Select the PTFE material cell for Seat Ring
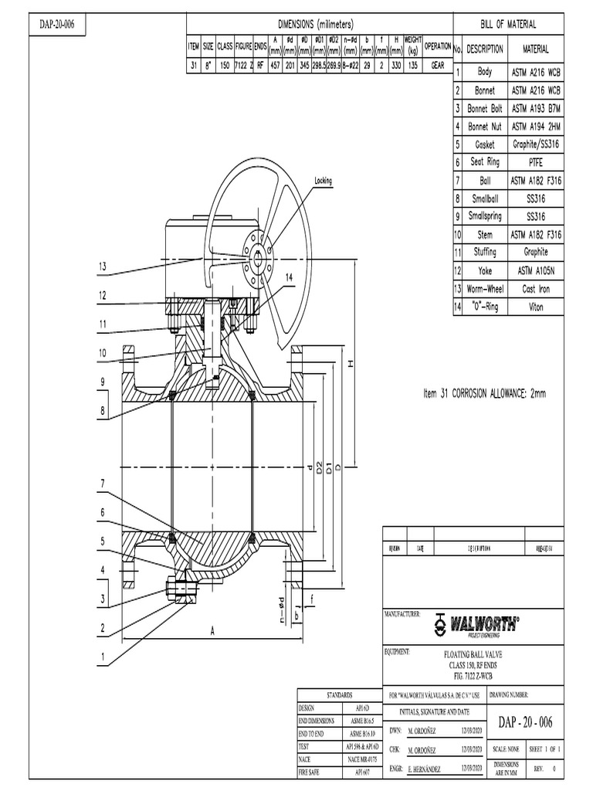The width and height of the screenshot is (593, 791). coord(536,162)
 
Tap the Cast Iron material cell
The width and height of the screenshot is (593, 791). coord(536,288)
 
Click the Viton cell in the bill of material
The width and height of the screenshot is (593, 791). coord(536,307)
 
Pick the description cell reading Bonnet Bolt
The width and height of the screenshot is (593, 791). coord(485,108)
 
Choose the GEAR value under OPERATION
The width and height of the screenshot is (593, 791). coord(437,67)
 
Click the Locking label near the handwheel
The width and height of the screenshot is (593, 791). coord(323,181)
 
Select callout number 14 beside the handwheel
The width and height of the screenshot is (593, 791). coord(290,277)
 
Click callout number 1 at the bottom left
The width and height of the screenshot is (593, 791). coord(101,658)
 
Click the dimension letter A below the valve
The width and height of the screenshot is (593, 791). coord(212,631)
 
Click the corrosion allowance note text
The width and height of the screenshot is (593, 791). coord(484,393)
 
